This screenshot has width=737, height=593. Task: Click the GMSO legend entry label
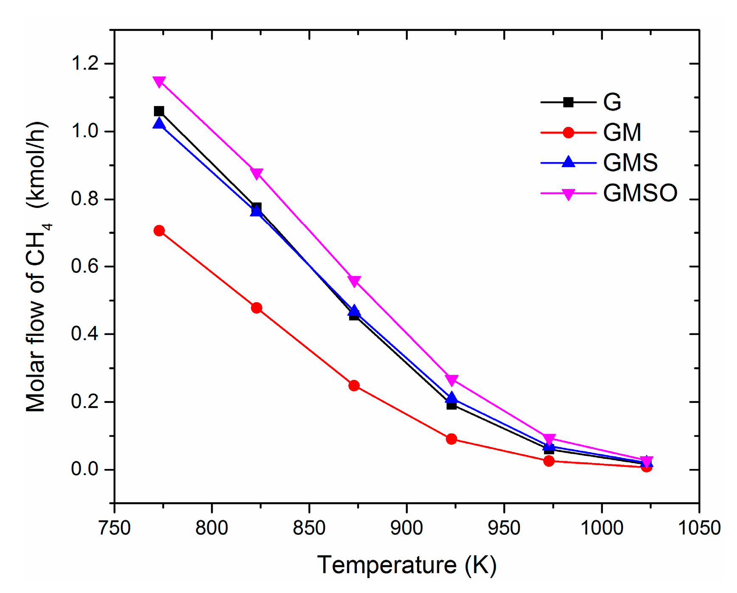tap(640, 193)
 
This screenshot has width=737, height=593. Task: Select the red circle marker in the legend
tap(568, 132)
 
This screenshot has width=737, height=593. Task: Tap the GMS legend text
tap(630, 163)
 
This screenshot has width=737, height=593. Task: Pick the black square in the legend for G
tap(568, 102)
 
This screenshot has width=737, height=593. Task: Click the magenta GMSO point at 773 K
tap(159, 82)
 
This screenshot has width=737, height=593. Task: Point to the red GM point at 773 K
tap(159, 230)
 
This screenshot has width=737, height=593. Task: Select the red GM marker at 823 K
tap(256, 308)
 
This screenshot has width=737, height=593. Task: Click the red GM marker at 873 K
tap(354, 385)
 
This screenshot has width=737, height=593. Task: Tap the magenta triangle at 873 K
tap(354, 281)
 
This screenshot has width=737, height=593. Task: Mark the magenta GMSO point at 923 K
tap(451, 380)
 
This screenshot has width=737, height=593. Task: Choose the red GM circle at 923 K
tap(451, 439)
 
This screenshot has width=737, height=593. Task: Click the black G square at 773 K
tap(159, 111)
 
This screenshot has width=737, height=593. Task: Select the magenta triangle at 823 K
tap(256, 173)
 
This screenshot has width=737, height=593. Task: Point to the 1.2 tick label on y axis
tap(85, 64)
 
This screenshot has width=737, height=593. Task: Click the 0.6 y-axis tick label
tap(85, 267)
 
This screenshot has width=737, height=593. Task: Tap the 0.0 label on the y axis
tap(85, 469)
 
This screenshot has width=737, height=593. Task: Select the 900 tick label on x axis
tap(406, 528)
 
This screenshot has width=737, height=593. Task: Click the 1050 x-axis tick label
tap(699, 528)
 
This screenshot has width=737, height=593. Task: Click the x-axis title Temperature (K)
tap(406, 565)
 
